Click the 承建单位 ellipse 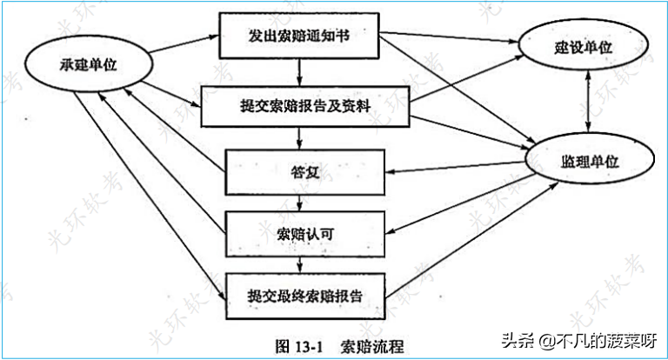click(74, 67)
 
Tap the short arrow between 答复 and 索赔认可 click(299, 203)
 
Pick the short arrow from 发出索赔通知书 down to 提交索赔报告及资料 click(299, 72)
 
